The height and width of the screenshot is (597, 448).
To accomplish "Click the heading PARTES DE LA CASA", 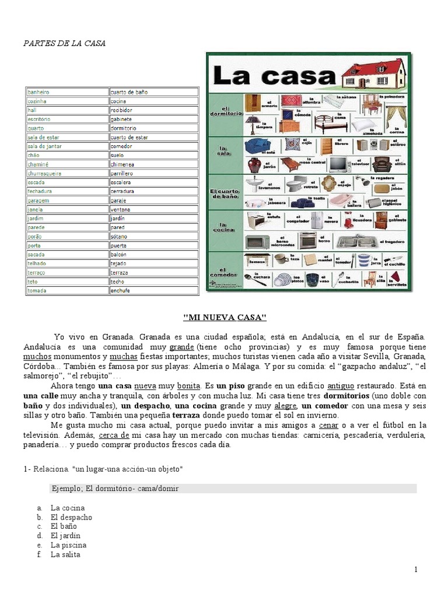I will pos(64,44).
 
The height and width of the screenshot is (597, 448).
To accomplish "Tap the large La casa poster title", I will pos(275,76).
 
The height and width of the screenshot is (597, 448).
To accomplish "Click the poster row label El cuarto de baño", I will pos(224,194).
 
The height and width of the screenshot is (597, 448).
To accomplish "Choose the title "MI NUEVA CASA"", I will pos(225,317).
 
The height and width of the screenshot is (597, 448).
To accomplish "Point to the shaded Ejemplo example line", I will pos(233,489).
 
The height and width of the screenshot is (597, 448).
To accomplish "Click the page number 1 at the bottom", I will pos(416,570).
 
